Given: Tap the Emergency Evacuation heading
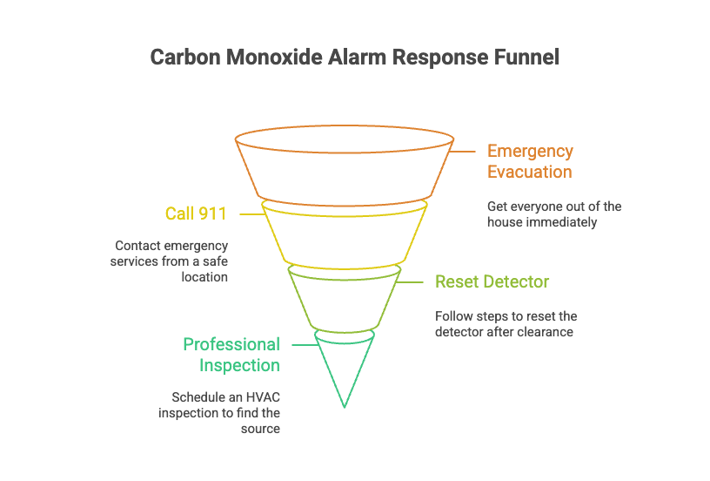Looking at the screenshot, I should (x=530, y=161).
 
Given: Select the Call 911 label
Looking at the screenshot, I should (x=196, y=213).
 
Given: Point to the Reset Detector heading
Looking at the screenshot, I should (x=492, y=282).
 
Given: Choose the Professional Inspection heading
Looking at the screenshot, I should (x=231, y=355).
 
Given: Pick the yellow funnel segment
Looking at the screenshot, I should (x=345, y=234).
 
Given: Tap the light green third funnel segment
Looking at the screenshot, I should (x=345, y=301).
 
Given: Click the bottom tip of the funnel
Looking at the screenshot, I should (x=345, y=405).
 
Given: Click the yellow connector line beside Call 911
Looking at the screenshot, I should (x=251, y=213).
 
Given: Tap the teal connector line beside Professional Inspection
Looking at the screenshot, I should (x=303, y=345).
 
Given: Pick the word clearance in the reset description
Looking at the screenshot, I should (x=546, y=332).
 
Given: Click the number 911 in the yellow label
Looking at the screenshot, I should (x=213, y=213).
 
